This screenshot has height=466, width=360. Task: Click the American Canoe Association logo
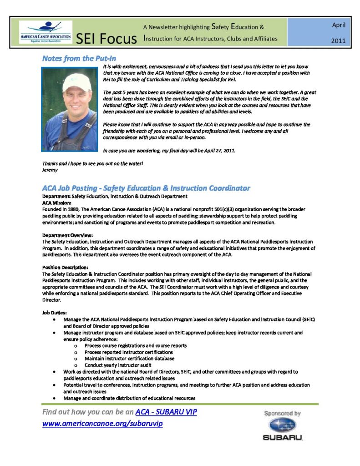coord(45,32)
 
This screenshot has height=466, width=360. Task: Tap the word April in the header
coord(339,25)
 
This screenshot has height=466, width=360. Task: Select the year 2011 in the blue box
coord(339,41)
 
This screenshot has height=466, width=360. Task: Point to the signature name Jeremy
coord(50,170)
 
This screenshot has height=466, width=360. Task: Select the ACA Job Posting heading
coord(146,188)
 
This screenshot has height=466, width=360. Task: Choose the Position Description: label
coord(65,268)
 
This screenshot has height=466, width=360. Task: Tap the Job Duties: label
coord(54,313)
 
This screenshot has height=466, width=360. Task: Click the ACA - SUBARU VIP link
coord(166,412)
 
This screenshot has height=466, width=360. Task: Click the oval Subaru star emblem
coord(282,425)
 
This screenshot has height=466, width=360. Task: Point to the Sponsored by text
coord(283,413)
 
